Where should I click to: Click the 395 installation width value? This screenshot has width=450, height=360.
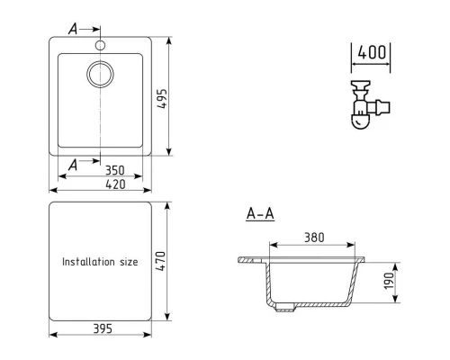coord(101,328)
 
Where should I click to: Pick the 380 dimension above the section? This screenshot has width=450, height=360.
coord(313,238)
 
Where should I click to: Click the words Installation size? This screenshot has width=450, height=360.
coord(100,262)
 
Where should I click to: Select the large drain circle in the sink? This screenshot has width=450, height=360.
coord(100,75)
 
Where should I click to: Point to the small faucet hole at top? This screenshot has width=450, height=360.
coord(101,42)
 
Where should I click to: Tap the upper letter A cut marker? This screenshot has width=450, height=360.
coord(73,28)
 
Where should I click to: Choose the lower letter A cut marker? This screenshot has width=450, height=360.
coord(73,164)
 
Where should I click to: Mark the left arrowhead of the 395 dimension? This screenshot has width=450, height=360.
coord(52,335)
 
